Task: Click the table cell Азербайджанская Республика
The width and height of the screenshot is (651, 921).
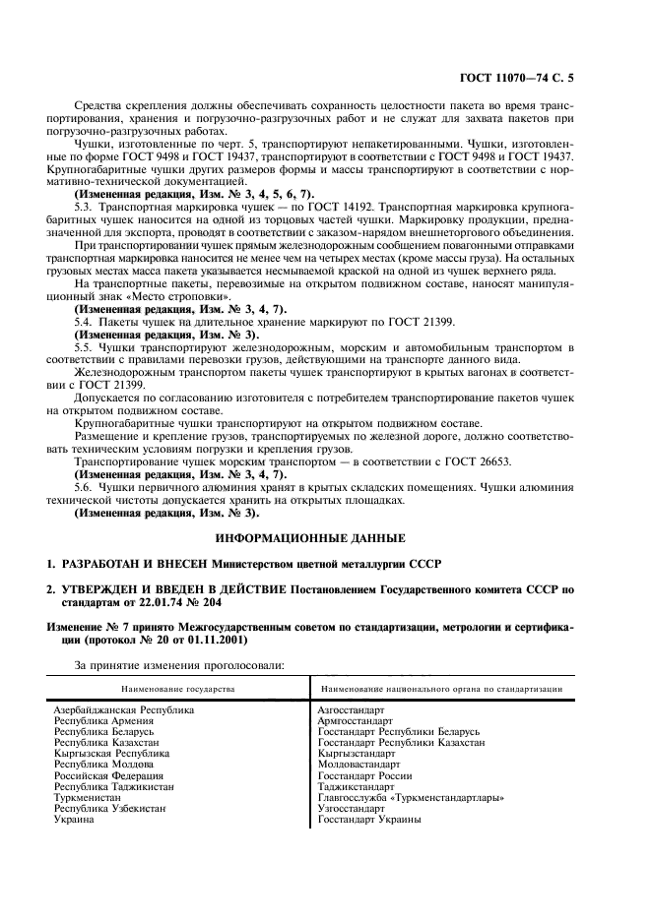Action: point(124,708)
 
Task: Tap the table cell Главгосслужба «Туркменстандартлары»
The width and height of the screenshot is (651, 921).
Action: point(412,797)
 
